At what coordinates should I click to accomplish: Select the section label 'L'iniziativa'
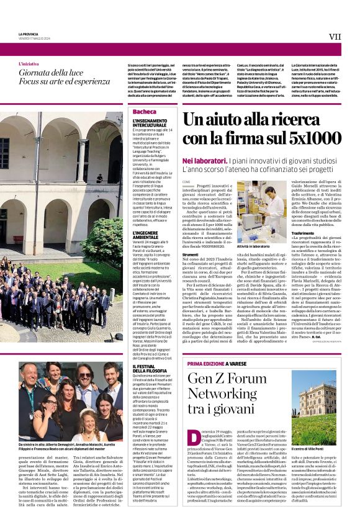pyautogui.click(x=29, y=64)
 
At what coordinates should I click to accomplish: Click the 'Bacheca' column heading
pyautogui.click(x=145, y=112)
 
